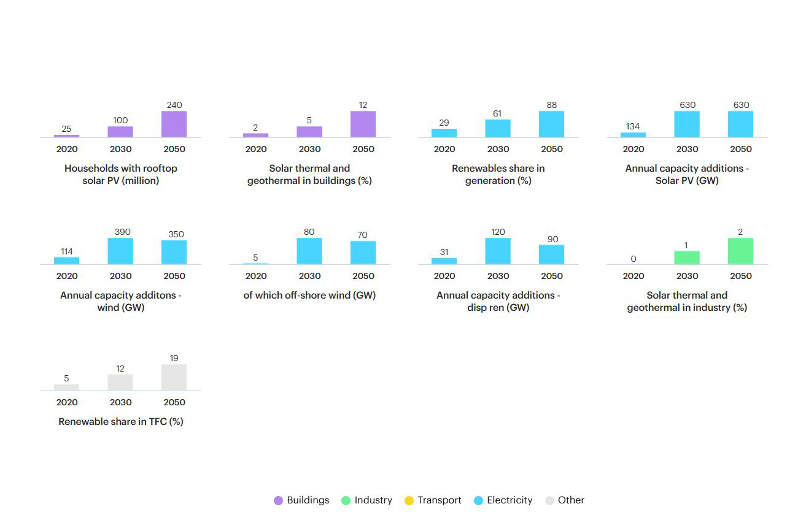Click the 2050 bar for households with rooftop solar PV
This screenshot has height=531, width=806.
(x=174, y=124)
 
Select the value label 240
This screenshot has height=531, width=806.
(x=174, y=105)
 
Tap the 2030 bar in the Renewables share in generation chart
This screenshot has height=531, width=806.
(x=498, y=128)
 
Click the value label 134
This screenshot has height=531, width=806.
(x=633, y=126)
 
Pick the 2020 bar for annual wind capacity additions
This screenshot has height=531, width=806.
(x=66, y=261)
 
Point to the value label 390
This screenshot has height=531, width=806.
(x=122, y=232)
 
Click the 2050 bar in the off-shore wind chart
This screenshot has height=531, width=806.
(x=363, y=253)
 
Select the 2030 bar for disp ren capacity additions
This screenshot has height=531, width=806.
(x=498, y=251)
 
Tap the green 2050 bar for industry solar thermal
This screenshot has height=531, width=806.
(x=740, y=251)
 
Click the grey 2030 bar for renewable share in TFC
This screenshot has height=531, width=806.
(x=120, y=382)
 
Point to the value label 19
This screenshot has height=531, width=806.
(x=174, y=358)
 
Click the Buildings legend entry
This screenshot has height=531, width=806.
(x=301, y=500)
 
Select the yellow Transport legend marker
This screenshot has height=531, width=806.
(x=409, y=500)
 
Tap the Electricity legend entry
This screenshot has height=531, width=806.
(x=503, y=500)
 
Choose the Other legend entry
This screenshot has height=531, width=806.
(x=565, y=500)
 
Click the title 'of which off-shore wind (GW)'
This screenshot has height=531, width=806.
(x=309, y=295)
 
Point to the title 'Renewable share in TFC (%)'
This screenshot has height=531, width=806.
(x=121, y=421)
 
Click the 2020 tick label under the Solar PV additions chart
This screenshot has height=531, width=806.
(x=634, y=149)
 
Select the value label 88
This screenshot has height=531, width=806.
(x=552, y=105)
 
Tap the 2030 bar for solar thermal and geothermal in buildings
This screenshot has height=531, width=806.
(x=309, y=132)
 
